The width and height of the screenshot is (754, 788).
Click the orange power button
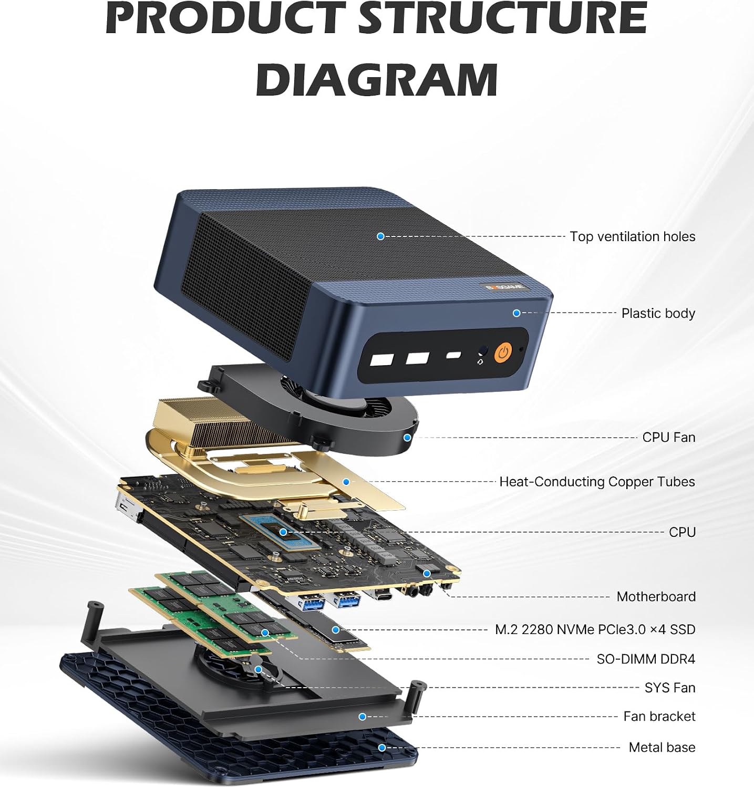click(x=503, y=352)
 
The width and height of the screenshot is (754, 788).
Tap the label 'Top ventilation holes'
click(x=632, y=236)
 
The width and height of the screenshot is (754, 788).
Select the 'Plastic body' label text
click(x=658, y=313)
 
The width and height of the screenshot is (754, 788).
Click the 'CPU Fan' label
click(x=668, y=437)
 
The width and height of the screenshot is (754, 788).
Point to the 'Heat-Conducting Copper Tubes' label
click(x=597, y=482)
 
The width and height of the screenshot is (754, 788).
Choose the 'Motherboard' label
click(x=656, y=597)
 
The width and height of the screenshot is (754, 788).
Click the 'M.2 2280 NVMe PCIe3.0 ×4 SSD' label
click(x=595, y=629)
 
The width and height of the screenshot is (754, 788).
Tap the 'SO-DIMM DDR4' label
click(x=646, y=659)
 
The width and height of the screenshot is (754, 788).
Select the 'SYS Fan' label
click(x=670, y=688)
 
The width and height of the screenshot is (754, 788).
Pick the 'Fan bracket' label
click(x=659, y=717)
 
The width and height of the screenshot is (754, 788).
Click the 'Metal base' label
click(x=662, y=747)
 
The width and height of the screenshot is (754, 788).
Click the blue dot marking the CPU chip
click(x=283, y=532)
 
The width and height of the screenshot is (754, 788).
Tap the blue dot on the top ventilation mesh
click(x=380, y=236)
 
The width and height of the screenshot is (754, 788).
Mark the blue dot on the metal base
click(x=382, y=748)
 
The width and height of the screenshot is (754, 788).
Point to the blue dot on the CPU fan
click(x=407, y=437)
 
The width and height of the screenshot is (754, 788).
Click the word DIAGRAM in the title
click(x=377, y=79)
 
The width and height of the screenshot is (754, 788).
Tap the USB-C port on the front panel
click(x=453, y=356)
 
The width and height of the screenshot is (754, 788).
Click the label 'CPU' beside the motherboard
click(x=682, y=532)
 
